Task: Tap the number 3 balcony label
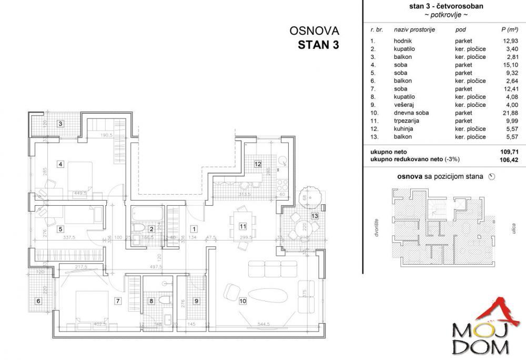(60, 124)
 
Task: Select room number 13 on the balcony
(315, 216)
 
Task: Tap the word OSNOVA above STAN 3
(315, 31)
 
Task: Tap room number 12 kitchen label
(258, 164)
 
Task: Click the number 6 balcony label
(37, 301)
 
